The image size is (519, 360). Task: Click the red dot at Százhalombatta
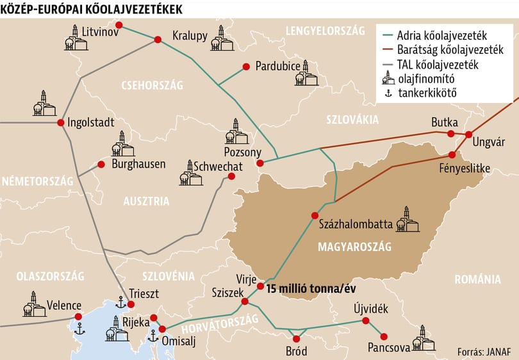(x=315, y=215)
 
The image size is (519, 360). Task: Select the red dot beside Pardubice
(x=245, y=66)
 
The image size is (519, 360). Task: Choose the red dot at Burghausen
(x=101, y=164)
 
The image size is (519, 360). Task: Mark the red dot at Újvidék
(x=365, y=321)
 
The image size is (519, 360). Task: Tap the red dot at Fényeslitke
(x=452, y=154)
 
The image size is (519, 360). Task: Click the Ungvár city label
(x=489, y=142)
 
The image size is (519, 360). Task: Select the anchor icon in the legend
(x=387, y=95)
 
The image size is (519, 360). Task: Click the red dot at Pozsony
(x=260, y=163)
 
